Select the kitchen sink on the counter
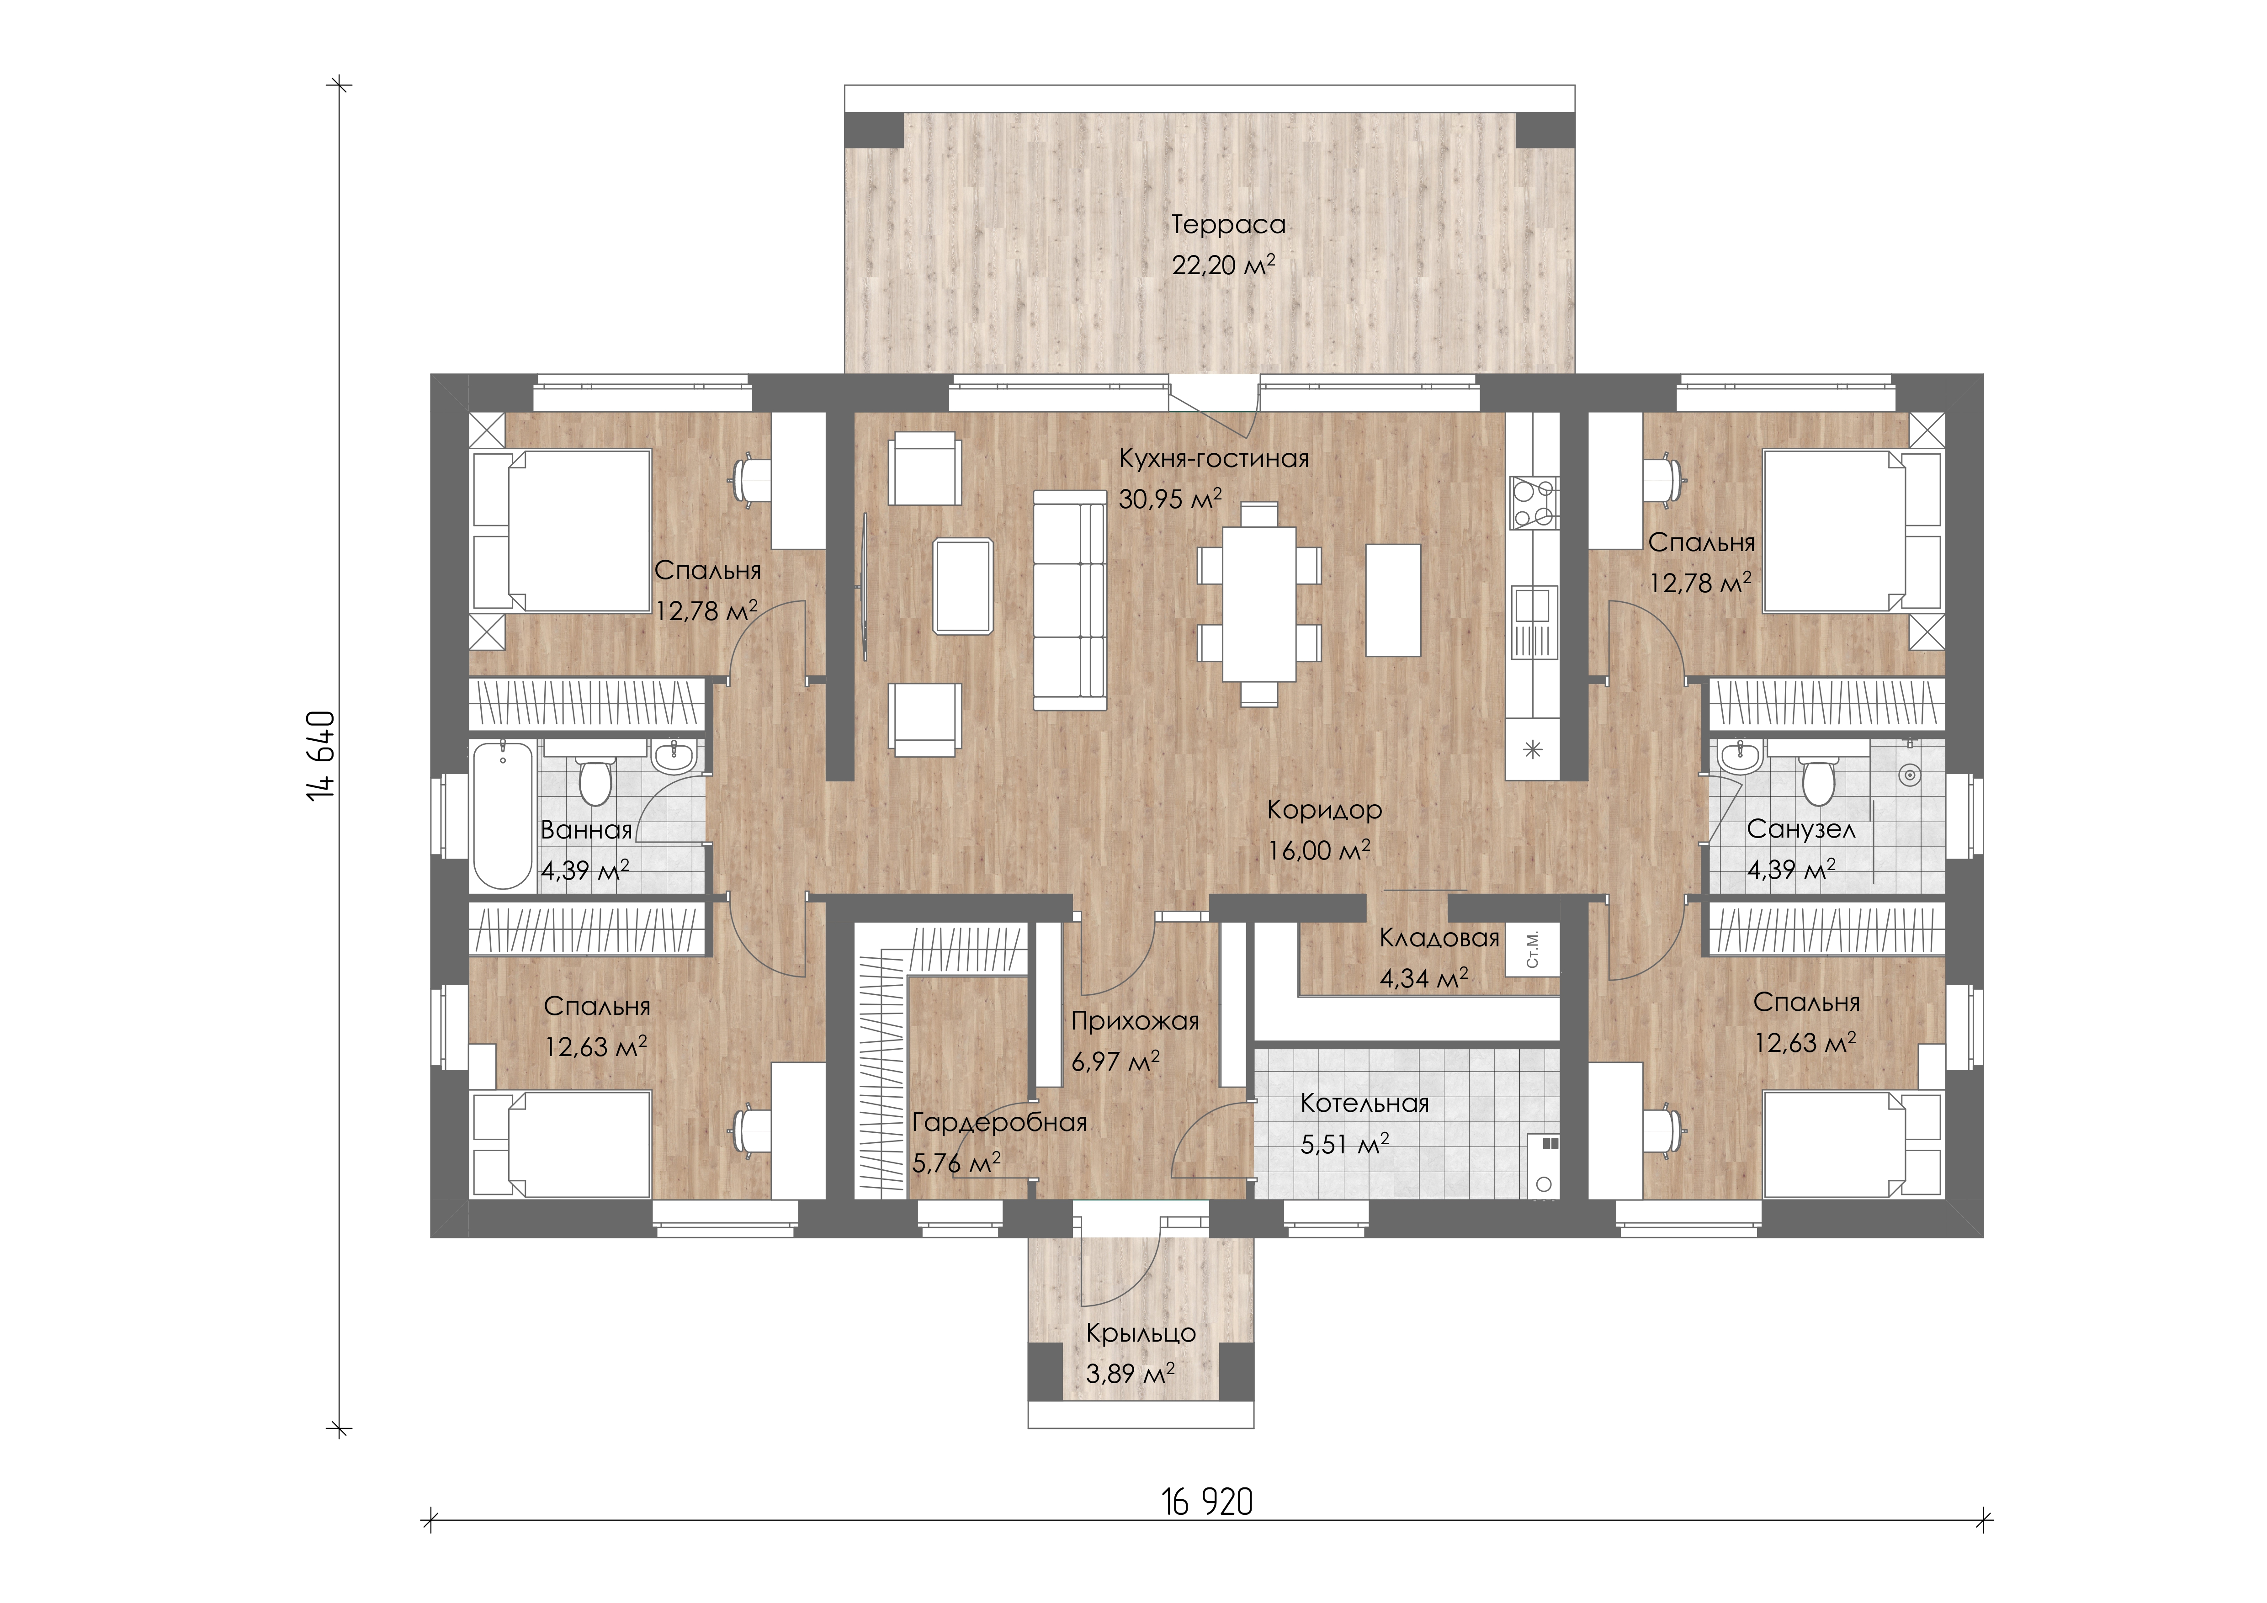tap(1534, 622)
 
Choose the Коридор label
tap(1324, 810)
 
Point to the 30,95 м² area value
tap(1170, 499)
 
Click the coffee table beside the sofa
tap(963, 585)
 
